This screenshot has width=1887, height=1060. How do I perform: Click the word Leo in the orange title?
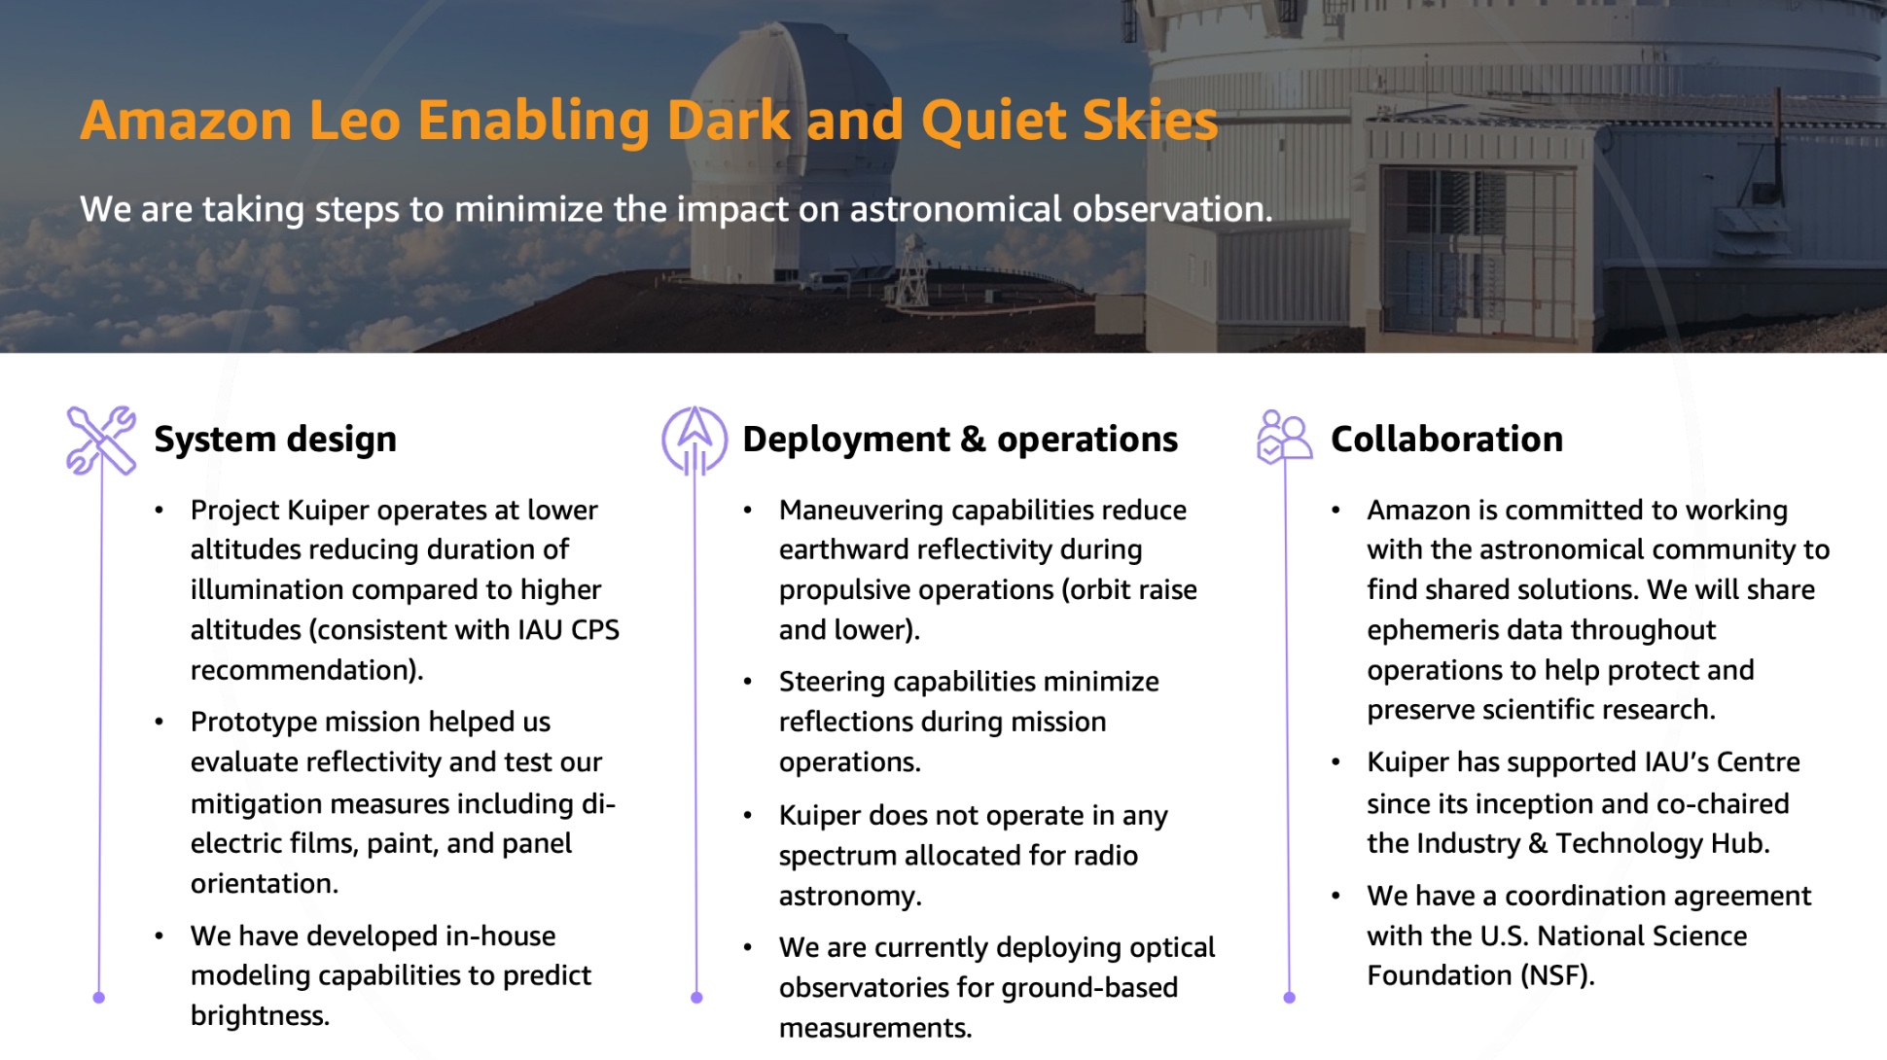click(354, 120)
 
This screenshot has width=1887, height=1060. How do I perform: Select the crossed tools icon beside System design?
click(101, 441)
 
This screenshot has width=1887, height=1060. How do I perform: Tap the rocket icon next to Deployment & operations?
click(694, 441)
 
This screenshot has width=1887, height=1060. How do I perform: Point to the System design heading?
click(275, 440)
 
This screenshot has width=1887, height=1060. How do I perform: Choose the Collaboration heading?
click(1446, 440)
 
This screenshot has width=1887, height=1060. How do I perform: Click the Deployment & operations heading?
click(960, 440)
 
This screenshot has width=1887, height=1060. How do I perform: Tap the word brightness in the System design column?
click(260, 1015)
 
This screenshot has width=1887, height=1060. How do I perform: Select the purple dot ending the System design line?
click(98, 998)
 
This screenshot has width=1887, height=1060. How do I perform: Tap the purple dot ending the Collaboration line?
click(1290, 998)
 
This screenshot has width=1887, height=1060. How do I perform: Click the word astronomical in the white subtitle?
click(955, 209)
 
